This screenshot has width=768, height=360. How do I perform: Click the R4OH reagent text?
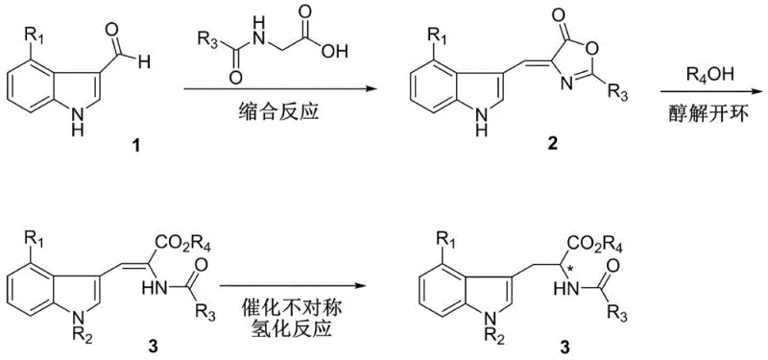click(x=704, y=74)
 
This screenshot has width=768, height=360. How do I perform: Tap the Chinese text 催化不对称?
click(x=291, y=300)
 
